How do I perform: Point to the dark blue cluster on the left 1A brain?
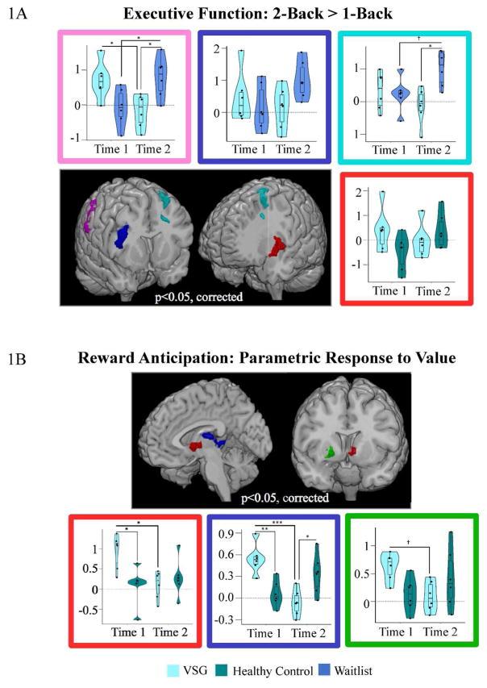(x=121, y=237)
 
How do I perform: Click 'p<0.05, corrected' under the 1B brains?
(x=287, y=498)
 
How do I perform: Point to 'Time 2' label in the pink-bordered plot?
(x=153, y=149)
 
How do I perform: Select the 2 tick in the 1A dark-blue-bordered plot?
(x=216, y=48)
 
